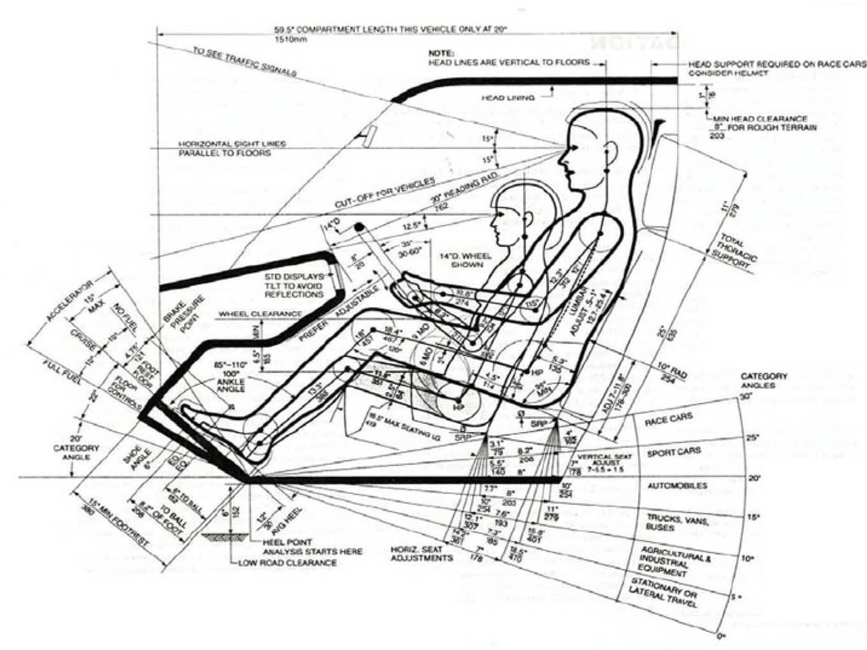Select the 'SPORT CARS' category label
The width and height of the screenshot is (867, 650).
(674, 452)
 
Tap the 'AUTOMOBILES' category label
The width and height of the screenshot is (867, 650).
(677, 485)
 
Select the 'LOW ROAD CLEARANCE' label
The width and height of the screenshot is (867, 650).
(287, 563)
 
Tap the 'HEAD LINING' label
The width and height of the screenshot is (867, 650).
(508, 98)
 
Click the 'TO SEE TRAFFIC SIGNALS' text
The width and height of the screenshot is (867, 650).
(244, 62)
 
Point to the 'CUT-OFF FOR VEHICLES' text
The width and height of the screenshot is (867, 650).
(385, 193)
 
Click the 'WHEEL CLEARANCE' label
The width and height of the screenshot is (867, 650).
(260, 314)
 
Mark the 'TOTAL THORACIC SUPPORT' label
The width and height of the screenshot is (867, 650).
(733, 251)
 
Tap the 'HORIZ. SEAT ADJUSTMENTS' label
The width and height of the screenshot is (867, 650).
(421, 554)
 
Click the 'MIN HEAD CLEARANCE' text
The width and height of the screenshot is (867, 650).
(760, 119)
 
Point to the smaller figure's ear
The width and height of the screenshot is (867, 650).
(527, 219)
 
